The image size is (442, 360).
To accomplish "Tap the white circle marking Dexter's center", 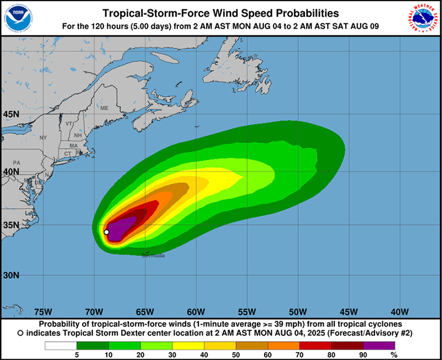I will click(107, 232).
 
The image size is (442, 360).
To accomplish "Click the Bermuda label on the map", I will click(153, 256).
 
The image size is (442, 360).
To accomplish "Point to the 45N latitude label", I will click(11, 114).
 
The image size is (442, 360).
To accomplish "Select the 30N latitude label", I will click(11, 275).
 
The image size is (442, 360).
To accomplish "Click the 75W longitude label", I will click(43, 311).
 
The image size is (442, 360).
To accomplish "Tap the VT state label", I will click(69, 123).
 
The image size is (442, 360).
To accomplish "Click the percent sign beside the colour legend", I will click(393, 355).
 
